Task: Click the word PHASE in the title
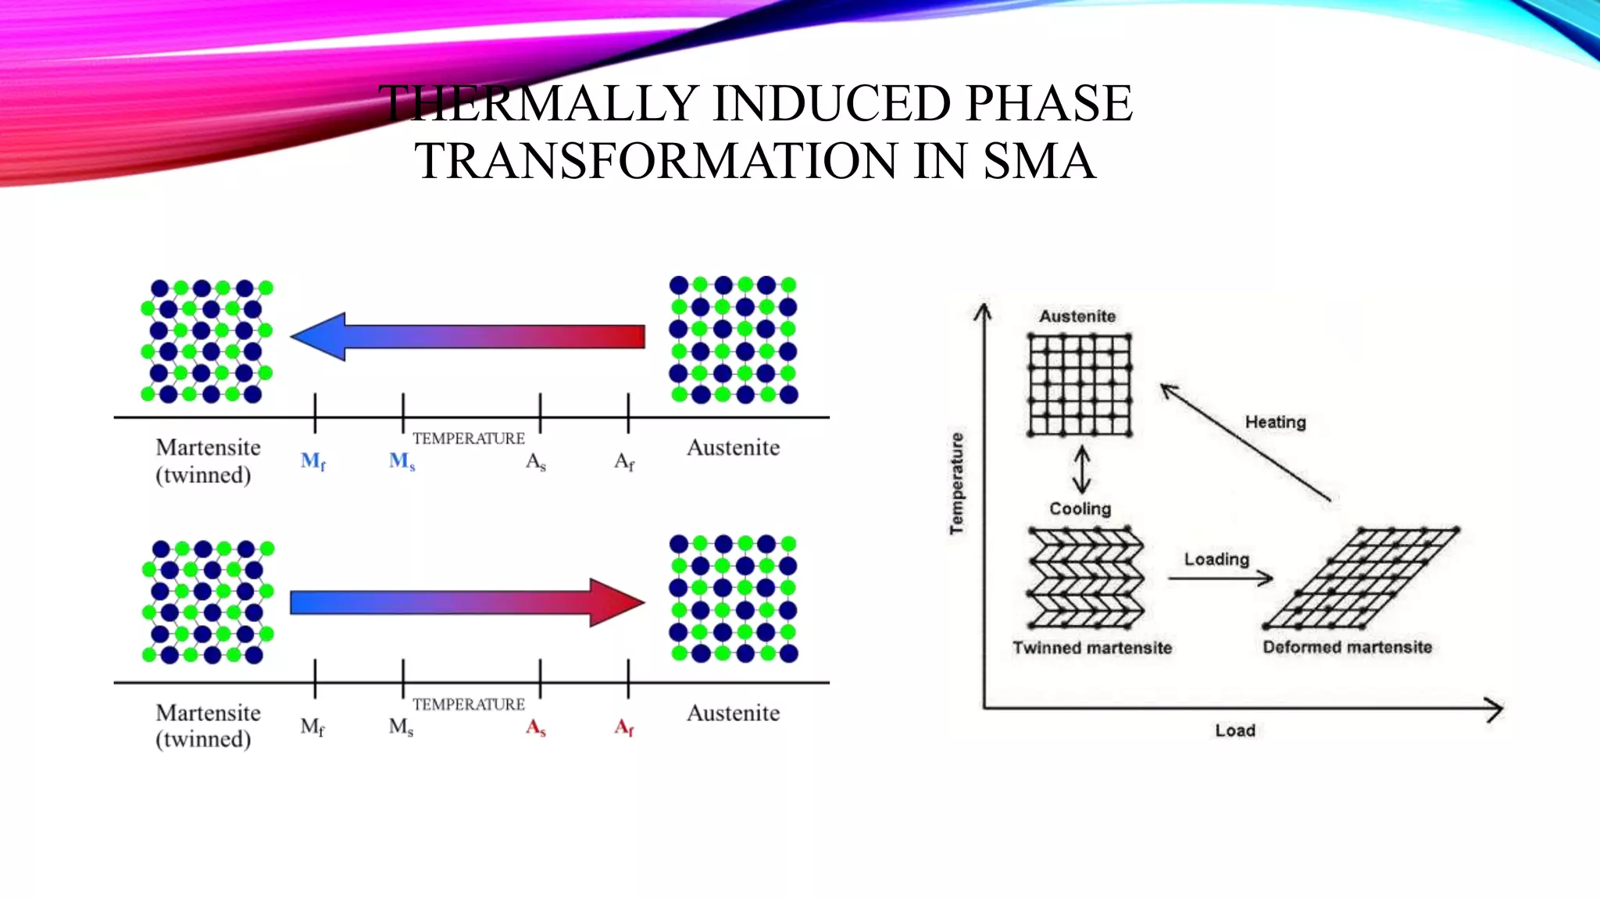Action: pos(1048,103)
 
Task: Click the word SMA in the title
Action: pos(1038,161)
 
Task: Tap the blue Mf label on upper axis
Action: pos(312,462)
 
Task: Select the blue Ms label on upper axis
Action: pos(402,462)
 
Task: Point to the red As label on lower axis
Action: pos(535,728)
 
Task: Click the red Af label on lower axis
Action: pos(623,728)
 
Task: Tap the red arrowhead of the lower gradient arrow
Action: pos(616,602)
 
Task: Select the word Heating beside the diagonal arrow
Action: pos(1275,422)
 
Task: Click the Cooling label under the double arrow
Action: pos(1080,509)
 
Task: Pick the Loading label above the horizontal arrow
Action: pos(1216,559)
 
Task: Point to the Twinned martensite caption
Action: pos(1091,648)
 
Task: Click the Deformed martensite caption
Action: pos(1347,647)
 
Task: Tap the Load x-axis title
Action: pos(1234,730)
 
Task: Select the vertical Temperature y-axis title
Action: pos(957,484)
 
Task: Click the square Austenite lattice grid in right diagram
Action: pos(1080,384)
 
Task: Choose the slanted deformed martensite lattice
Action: pos(1361,578)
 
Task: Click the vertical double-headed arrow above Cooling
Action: pos(1081,469)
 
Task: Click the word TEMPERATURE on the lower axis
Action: pos(468,704)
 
